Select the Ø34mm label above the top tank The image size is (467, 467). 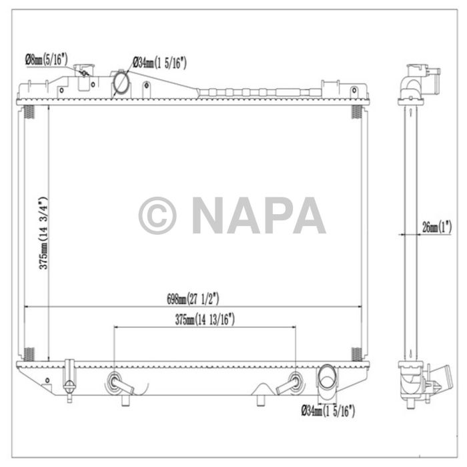(159, 63)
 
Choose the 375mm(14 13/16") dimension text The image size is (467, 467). (205, 320)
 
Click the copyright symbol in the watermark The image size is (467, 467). (157, 215)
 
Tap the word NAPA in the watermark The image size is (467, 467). (259, 215)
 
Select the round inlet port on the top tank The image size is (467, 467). (121, 82)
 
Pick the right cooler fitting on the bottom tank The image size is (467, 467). (294, 383)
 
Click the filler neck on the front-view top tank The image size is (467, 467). (84, 70)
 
